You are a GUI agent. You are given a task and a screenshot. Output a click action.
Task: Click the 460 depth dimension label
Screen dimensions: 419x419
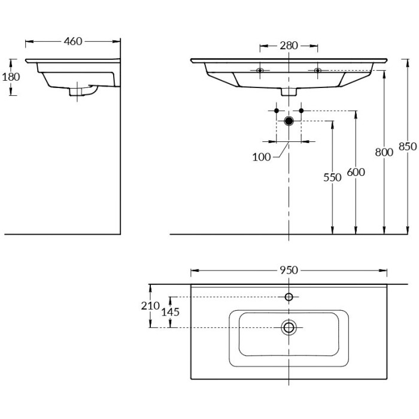pos(72,41)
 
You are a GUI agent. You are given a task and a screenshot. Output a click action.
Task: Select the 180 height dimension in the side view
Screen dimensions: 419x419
pos(11,77)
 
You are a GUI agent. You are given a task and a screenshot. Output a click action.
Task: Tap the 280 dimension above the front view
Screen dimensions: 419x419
pos(289,46)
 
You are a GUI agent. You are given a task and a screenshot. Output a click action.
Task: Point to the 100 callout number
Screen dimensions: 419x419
pos(261,157)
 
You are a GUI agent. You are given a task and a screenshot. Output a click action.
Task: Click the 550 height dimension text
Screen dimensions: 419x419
pos(332,177)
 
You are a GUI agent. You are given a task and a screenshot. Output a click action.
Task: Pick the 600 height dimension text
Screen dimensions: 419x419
pos(356,172)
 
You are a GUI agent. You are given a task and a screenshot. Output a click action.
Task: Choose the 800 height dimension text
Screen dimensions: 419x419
pos(384,152)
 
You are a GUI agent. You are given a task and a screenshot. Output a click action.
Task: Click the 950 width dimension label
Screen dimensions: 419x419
pos(289,270)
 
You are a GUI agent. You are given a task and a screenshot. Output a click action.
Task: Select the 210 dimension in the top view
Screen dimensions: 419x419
pos(150,306)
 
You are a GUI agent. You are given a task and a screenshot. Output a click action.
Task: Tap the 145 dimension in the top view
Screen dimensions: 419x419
pos(171,312)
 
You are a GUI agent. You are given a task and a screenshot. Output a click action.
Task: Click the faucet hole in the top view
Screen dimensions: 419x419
pos(289,297)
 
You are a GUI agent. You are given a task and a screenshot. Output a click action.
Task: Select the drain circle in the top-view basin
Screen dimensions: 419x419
pos(289,327)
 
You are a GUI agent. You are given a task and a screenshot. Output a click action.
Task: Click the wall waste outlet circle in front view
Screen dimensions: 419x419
pos(289,120)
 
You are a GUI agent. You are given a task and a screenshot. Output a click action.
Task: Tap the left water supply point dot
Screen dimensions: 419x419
pos(276,111)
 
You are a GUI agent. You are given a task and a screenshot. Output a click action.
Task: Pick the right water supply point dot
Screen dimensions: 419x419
pos(302,111)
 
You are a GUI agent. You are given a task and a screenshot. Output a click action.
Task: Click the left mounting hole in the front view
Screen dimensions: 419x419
pos(260,71)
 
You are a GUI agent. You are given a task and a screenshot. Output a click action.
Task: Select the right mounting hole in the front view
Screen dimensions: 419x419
pos(317,71)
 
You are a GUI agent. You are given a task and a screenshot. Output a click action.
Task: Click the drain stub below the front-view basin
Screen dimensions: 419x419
pos(289,92)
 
